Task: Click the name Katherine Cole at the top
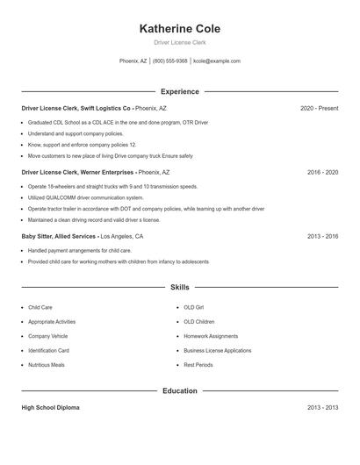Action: click(x=179, y=28)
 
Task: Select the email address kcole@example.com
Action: click(x=216, y=61)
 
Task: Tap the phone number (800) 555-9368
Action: click(x=169, y=61)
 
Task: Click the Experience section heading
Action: click(x=179, y=91)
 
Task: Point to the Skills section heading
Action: click(x=179, y=287)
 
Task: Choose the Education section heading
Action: click(x=179, y=390)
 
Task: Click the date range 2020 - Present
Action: click(x=319, y=108)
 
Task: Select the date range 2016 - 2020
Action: click(x=322, y=173)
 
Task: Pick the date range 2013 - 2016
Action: click(x=322, y=237)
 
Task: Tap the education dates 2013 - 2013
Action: click(x=322, y=408)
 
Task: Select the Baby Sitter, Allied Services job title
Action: click(x=59, y=237)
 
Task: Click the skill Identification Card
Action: click(x=48, y=350)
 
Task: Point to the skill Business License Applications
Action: click(x=217, y=350)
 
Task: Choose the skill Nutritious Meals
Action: click(x=46, y=364)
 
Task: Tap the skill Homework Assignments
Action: click(x=211, y=336)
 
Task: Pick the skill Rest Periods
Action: click(x=198, y=364)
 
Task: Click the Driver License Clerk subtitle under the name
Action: click(x=179, y=42)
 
